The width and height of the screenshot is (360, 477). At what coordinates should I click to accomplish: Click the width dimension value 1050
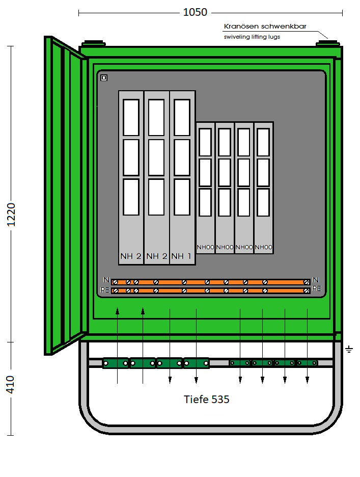click(195, 12)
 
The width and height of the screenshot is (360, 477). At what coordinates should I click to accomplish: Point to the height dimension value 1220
click(11, 215)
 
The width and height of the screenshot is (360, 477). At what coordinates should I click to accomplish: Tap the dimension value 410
click(10, 385)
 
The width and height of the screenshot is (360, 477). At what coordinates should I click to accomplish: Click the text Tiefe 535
click(206, 399)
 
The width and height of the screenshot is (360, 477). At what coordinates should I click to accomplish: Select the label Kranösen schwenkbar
click(265, 26)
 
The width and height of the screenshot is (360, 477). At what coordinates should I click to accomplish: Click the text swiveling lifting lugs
click(252, 37)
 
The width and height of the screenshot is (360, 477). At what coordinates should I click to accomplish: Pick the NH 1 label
click(181, 256)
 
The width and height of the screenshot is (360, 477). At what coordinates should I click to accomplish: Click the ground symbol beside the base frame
click(349, 349)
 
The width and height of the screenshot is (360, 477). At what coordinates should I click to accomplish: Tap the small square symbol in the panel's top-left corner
click(104, 78)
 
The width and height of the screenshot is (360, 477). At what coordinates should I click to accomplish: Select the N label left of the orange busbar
click(106, 280)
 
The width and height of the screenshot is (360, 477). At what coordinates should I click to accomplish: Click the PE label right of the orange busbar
click(317, 288)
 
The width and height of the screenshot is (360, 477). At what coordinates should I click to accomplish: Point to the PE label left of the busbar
click(104, 290)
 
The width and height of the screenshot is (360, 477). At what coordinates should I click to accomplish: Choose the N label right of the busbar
click(316, 280)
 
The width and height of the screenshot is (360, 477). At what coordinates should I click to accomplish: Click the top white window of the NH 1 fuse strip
click(182, 117)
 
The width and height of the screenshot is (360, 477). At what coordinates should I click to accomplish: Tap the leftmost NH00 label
click(206, 247)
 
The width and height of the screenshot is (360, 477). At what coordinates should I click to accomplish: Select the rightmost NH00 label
click(264, 247)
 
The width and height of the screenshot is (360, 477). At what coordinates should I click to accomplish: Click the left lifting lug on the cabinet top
click(94, 43)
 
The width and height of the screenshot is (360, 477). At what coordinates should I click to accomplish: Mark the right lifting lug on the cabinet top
click(328, 43)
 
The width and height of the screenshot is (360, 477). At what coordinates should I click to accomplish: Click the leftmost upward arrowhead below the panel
click(117, 311)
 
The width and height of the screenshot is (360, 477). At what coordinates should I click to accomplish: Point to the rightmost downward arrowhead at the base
click(308, 380)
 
